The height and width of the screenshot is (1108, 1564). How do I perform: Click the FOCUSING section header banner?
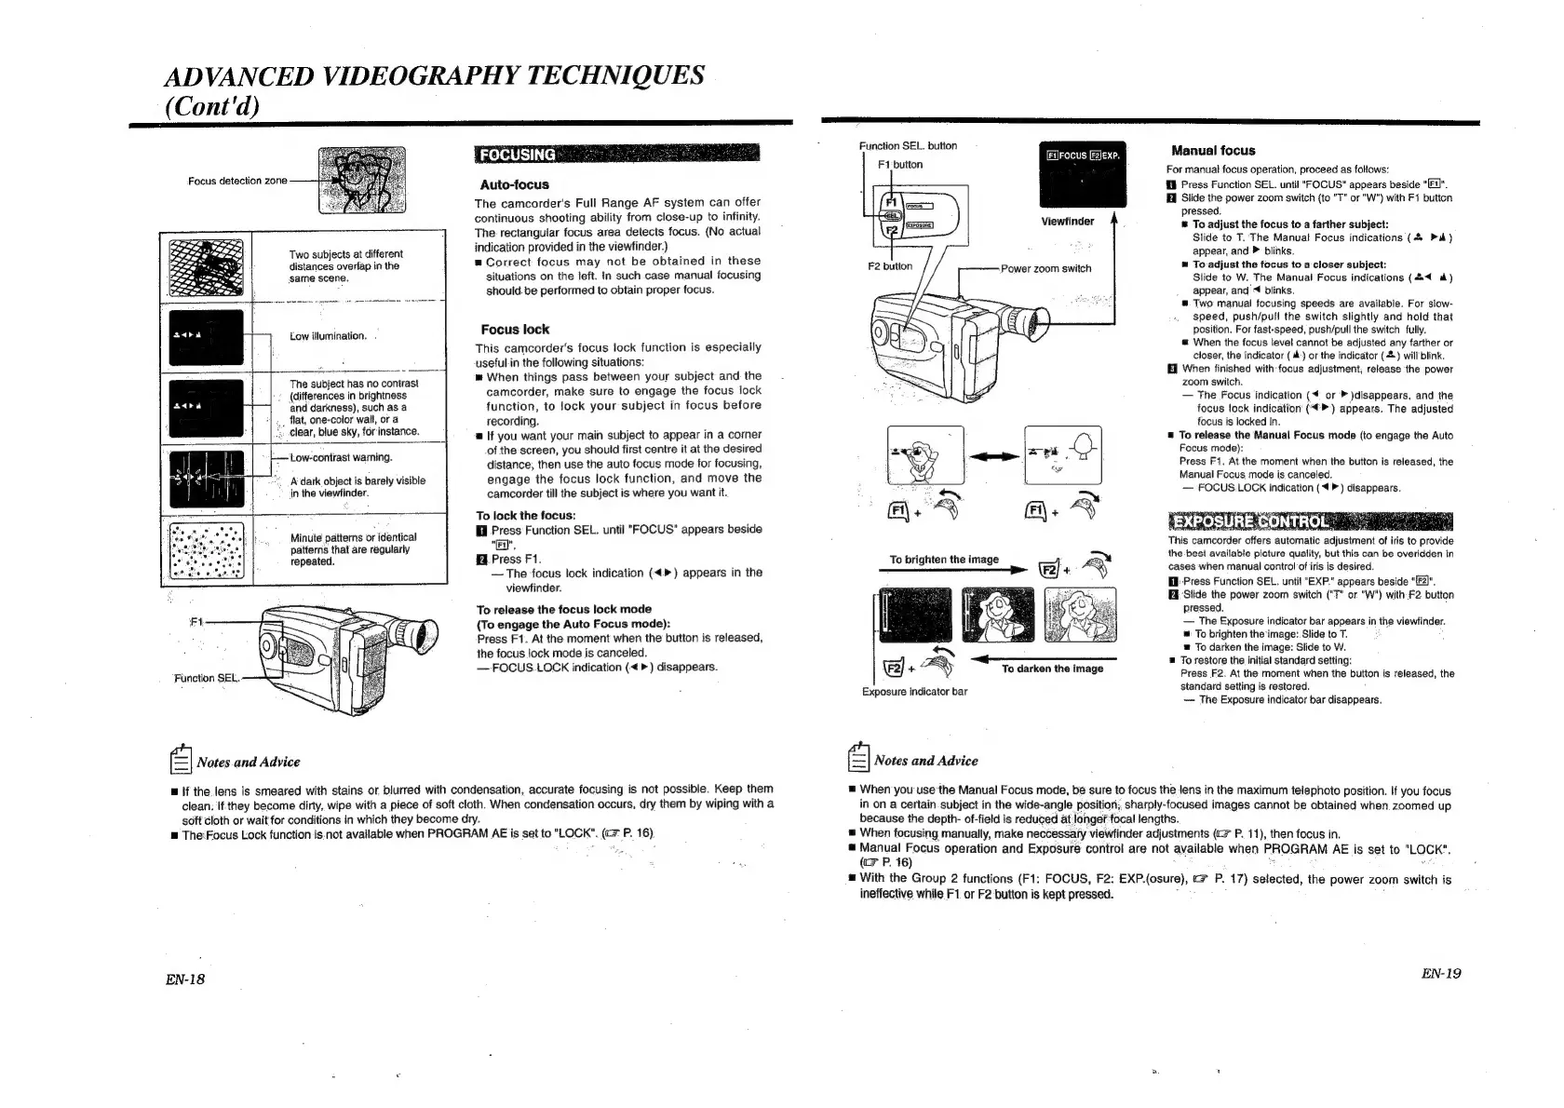tap(616, 154)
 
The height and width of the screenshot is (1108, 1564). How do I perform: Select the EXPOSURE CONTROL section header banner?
tap(1310, 520)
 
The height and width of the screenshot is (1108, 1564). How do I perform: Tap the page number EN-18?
tap(186, 979)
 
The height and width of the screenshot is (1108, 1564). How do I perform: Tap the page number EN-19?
tap(1440, 973)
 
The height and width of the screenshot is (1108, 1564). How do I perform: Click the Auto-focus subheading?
tap(514, 184)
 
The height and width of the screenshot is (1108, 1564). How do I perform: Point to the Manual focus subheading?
tap(1212, 150)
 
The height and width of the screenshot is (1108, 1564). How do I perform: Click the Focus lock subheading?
tap(514, 329)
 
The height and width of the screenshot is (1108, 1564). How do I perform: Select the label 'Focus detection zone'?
tap(237, 181)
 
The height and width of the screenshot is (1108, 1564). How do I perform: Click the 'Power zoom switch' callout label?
tap(1045, 268)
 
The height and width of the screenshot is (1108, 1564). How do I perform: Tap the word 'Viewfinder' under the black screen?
tap(1067, 222)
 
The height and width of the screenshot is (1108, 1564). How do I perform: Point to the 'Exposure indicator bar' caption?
tap(914, 691)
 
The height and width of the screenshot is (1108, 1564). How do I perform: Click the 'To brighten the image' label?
tap(943, 560)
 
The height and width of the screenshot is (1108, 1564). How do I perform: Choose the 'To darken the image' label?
tap(1052, 669)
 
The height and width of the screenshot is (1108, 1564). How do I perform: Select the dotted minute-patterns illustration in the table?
tap(207, 549)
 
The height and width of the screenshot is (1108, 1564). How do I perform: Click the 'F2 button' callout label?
tap(890, 266)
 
